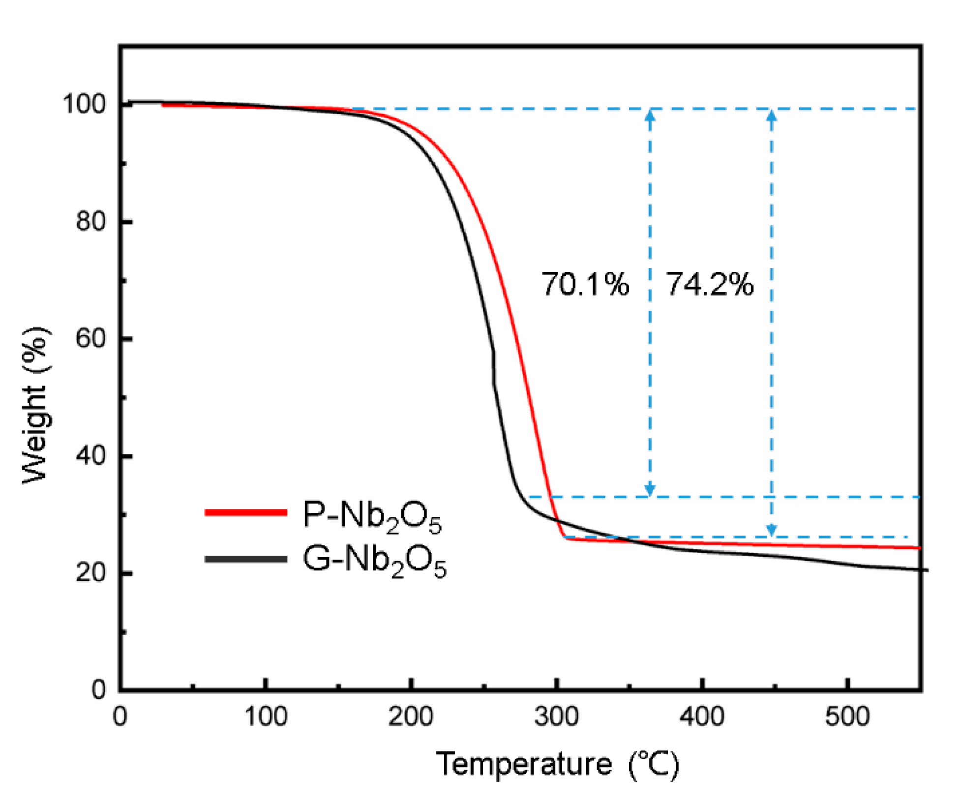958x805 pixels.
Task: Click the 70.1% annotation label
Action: [x=585, y=284]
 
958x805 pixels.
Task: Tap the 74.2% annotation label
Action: [x=709, y=284]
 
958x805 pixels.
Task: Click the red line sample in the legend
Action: [x=246, y=512]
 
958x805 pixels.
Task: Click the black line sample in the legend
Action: [x=246, y=559]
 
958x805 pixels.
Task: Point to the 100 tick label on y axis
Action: [x=84, y=104]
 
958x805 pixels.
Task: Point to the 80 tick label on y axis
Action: [x=91, y=222]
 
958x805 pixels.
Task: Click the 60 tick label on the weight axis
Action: [x=91, y=339]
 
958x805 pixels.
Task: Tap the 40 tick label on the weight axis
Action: [x=91, y=456]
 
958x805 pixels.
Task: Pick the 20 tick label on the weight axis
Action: [x=91, y=573]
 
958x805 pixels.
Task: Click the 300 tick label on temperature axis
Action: [x=556, y=716]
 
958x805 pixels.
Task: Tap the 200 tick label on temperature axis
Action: [x=411, y=716]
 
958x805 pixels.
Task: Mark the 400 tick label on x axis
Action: [x=702, y=716]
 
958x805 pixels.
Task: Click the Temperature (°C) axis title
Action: [x=557, y=764]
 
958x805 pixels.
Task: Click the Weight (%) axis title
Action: [x=35, y=404]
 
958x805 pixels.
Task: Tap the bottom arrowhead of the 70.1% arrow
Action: [x=650, y=490]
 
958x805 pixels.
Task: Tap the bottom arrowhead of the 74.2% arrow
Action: [x=772, y=530]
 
